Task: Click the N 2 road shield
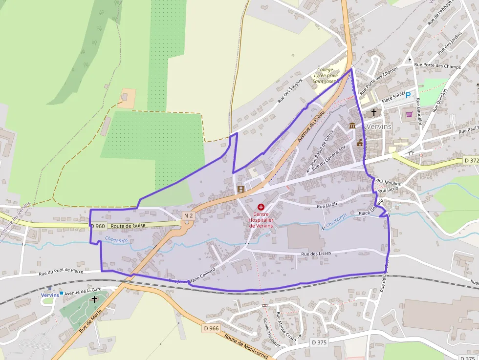pyautogui.click(x=189, y=215)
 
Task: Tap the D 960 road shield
pyautogui.click(x=98, y=226)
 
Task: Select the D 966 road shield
pyautogui.click(x=211, y=328)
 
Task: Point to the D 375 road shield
pyautogui.click(x=319, y=342)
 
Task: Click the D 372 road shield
pyautogui.click(x=471, y=160)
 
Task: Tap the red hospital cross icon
pyautogui.click(x=261, y=207)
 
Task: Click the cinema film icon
pyautogui.click(x=240, y=189)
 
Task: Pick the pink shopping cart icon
pyautogui.click(x=409, y=114)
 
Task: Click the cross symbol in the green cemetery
pyautogui.click(x=94, y=299)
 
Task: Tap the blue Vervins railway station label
pyautogui.click(x=50, y=295)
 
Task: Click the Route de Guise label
pyautogui.click(x=128, y=226)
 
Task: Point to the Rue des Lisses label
pyautogui.click(x=316, y=254)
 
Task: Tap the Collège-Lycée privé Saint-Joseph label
pyautogui.click(x=327, y=75)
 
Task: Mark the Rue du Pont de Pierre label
pyautogui.click(x=61, y=273)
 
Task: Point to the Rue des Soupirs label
pyautogui.click(x=290, y=90)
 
